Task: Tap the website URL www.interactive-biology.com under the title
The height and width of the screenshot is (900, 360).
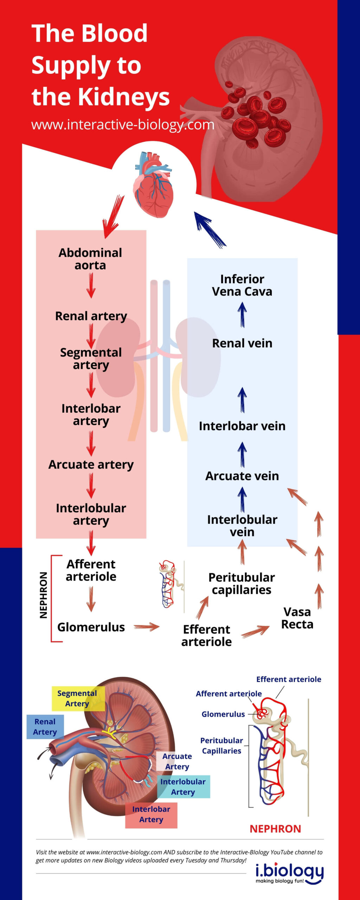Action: click(123, 124)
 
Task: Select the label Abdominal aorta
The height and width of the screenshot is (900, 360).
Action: click(90, 259)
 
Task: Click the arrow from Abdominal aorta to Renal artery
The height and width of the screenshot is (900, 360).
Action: click(91, 285)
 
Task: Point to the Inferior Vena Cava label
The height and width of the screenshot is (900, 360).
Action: click(242, 285)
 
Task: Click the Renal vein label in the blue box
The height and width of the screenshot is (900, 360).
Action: click(242, 343)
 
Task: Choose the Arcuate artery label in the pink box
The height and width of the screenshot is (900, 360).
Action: click(91, 464)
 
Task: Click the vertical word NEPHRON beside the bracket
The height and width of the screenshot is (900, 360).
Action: click(44, 595)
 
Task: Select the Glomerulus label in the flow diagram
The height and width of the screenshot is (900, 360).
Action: click(91, 627)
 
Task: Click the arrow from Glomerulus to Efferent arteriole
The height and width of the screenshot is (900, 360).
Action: click(147, 626)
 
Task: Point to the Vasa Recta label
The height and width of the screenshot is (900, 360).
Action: click(297, 618)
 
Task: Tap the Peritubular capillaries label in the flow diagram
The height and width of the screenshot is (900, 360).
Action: click(242, 583)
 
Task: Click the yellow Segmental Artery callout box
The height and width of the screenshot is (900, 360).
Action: click(78, 698)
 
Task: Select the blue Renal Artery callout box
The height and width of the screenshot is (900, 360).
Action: click(45, 727)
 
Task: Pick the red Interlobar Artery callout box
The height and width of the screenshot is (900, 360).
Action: click(151, 814)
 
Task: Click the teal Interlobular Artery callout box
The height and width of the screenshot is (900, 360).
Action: click(183, 786)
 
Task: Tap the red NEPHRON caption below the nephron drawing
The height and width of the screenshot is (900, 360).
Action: click(275, 829)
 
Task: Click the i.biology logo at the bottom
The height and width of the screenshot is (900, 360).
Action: click(289, 873)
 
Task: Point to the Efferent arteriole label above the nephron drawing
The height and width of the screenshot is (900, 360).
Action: click(288, 679)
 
